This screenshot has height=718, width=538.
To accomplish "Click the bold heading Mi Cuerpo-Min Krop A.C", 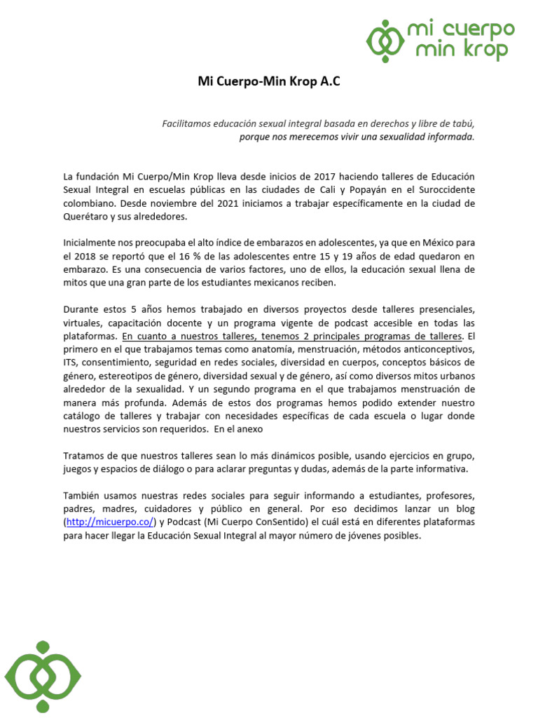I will pyautogui.click(x=269, y=81).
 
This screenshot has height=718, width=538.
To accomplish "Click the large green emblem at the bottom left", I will pyautogui.click(x=43, y=677).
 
